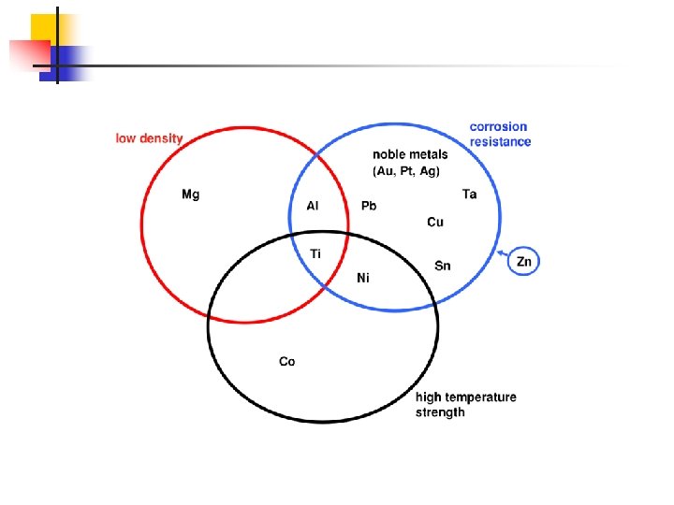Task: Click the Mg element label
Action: click(190, 195)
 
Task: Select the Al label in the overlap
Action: click(314, 206)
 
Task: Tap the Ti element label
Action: click(315, 253)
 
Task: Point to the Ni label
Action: click(363, 277)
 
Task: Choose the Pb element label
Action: click(369, 206)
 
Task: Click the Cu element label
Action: click(435, 223)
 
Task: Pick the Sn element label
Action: click(443, 267)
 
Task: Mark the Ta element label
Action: click(469, 195)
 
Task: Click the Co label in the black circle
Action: click(286, 361)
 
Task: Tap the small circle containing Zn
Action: click(523, 262)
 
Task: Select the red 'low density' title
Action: click(149, 138)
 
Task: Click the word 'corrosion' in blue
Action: click(498, 126)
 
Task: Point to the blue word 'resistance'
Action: click(500, 142)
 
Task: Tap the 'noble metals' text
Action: click(410, 154)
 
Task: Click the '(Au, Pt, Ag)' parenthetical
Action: click(406, 171)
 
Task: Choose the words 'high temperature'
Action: click(465, 397)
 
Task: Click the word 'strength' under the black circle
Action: click(440, 412)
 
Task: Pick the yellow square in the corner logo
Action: click(42, 28)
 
